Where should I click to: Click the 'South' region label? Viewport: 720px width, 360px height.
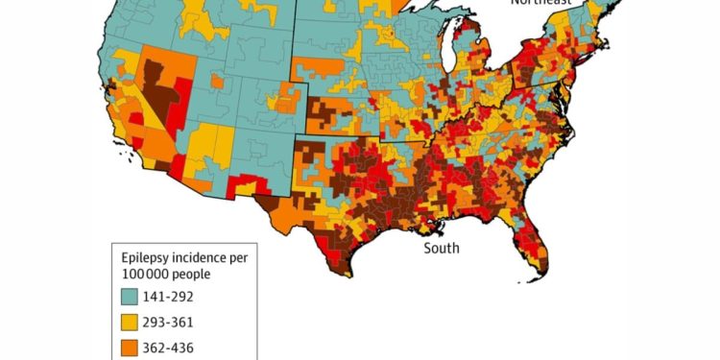point(442,249)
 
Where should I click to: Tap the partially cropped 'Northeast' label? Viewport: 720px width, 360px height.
point(540,3)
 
